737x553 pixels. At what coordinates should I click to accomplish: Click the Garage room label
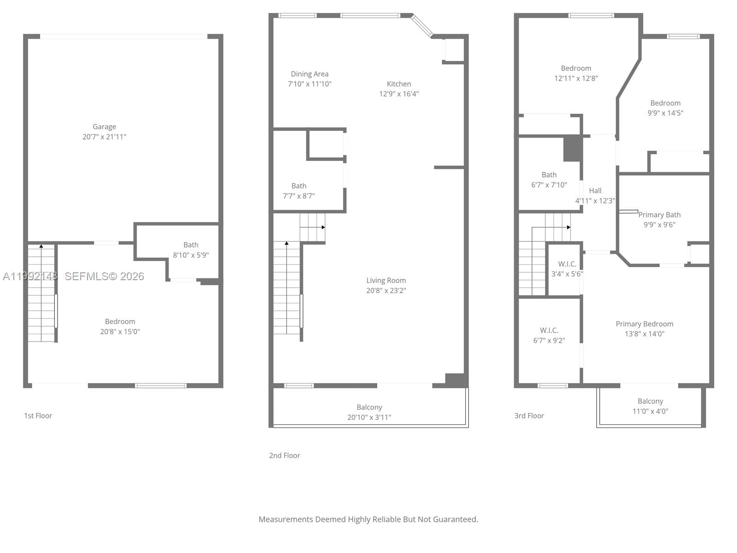pyautogui.click(x=104, y=127)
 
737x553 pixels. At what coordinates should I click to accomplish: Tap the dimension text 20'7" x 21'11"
pyautogui.click(x=104, y=137)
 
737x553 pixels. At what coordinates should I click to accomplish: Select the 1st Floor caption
pyautogui.click(x=38, y=416)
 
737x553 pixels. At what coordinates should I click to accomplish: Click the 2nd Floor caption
pyautogui.click(x=284, y=455)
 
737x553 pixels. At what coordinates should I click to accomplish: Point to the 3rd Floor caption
pyautogui.click(x=529, y=416)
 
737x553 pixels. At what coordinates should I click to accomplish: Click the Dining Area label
pyautogui.click(x=310, y=74)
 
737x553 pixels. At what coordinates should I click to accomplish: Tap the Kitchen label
pyautogui.click(x=398, y=84)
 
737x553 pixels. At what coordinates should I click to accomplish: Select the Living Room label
pyautogui.click(x=386, y=280)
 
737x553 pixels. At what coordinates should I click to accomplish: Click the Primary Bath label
pyautogui.click(x=659, y=215)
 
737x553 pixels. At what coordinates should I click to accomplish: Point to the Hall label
pyautogui.click(x=595, y=190)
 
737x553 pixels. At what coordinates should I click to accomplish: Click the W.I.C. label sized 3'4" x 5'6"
pyautogui.click(x=567, y=264)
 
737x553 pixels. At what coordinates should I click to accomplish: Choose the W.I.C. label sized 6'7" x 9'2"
pyautogui.click(x=549, y=330)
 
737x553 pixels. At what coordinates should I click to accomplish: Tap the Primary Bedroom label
pyautogui.click(x=644, y=324)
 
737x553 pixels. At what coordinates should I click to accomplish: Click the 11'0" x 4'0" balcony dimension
pyautogui.click(x=650, y=411)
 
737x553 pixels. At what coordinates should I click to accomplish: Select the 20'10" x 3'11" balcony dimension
pyautogui.click(x=369, y=417)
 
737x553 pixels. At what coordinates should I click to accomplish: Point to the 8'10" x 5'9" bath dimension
pyautogui.click(x=191, y=255)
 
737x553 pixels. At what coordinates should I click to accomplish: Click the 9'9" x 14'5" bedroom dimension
pyautogui.click(x=665, y=113)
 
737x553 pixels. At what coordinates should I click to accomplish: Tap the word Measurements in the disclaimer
pyautogui.click(x=285, y=519)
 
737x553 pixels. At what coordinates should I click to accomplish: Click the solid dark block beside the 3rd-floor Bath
pyautogui.click(x=573, y=148)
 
